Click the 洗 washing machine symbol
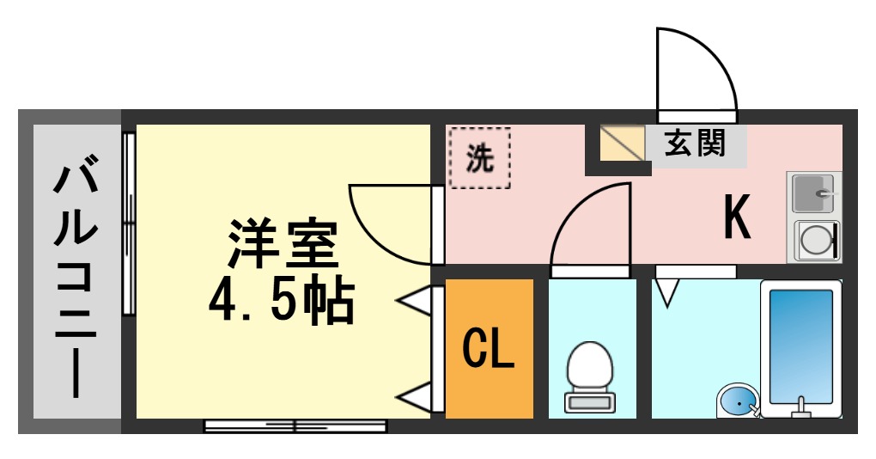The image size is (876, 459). (480, 157)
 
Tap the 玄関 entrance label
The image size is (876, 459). (695, 143)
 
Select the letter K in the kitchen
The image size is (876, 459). (737, 217)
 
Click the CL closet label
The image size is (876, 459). (488, 348)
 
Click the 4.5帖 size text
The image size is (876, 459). (282, 298)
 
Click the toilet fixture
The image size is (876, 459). (590, 375)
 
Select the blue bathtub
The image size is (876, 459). (800, 346)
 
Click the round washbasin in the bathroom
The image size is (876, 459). (737, 401)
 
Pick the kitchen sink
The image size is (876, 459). (812, 193)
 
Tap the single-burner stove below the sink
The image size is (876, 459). (813, 241)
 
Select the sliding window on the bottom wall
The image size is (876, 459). (295, 425)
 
